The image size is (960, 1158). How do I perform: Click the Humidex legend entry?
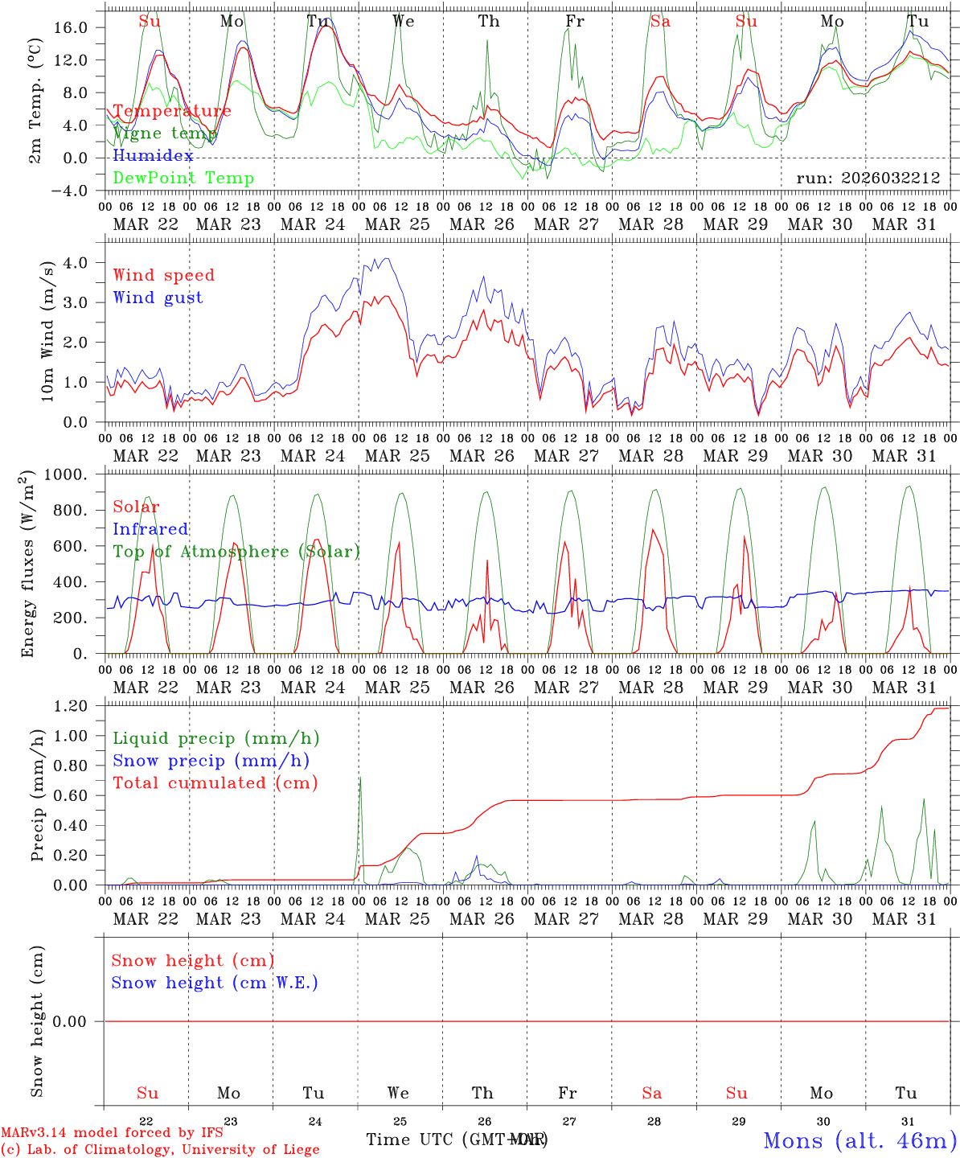(x=153, y=156)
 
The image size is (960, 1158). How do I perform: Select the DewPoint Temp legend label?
(x=183, y=179)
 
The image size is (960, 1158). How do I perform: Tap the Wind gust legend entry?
(x=158, y=298)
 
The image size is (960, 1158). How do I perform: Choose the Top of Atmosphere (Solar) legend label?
(x=236, y=552)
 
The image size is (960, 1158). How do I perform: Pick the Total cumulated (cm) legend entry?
(x=215, y=783)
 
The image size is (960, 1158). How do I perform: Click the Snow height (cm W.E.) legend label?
(x=215, y=983)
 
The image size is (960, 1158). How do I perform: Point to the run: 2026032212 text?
(x=868, y=178)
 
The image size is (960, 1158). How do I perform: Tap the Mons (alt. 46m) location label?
(x=859, y=1140)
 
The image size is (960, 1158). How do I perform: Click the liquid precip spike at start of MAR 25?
(x=360, y=778)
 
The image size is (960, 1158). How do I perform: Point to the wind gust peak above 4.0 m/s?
(x=388, y=259)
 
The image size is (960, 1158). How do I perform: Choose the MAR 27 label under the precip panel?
(x=567, y=919)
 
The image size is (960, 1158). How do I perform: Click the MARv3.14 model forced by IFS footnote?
(x=112, y=1133)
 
